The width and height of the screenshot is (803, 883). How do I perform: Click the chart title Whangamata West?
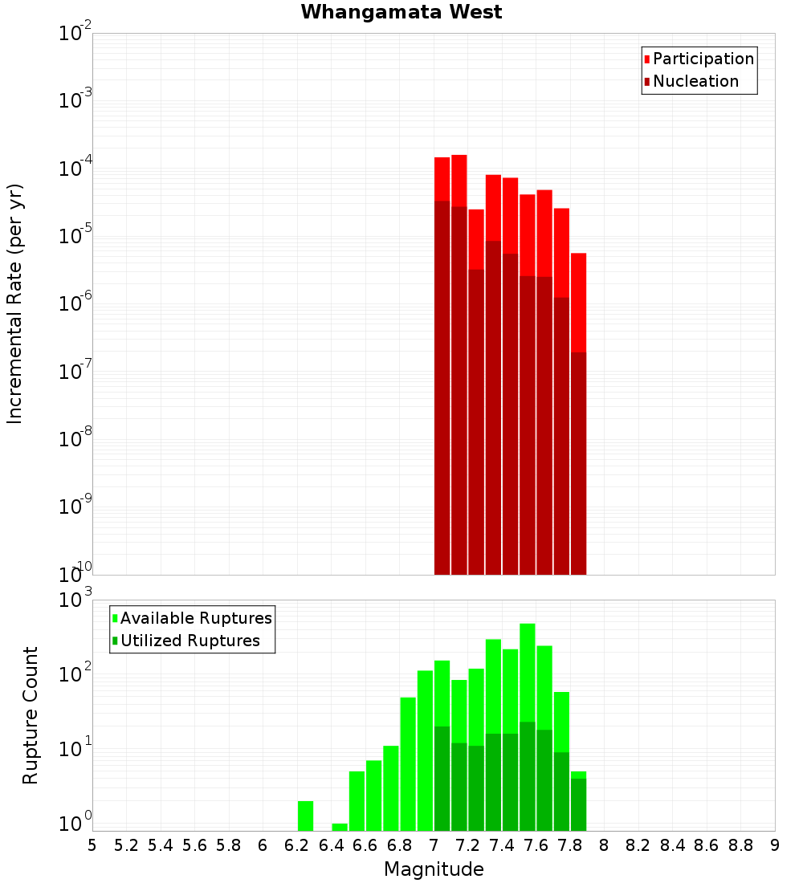click(401, 12)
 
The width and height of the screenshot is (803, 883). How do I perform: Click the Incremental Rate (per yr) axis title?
click(15, 303)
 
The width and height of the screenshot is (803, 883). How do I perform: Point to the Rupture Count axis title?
click(31, 715)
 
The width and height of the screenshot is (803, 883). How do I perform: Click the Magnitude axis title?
click(434, 869)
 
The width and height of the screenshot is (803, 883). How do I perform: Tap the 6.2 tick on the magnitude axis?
click(297, 845)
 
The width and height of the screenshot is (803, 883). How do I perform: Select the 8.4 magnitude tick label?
click(673, 845)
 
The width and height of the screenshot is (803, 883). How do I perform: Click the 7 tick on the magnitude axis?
click(434, 845)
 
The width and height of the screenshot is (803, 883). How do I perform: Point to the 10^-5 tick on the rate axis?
click(75, 236)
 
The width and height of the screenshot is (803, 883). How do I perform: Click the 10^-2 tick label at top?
click(75, 34)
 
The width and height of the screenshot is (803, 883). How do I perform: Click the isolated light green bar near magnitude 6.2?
click(305, 816)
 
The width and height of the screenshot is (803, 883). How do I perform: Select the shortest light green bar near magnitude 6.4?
click(340, 827)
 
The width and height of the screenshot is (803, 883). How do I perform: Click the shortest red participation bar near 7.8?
click(578, 301)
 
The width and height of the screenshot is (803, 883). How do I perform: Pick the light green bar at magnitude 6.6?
click(373, 795)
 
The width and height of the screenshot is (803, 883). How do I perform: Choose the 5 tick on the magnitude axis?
click(92, 845)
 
